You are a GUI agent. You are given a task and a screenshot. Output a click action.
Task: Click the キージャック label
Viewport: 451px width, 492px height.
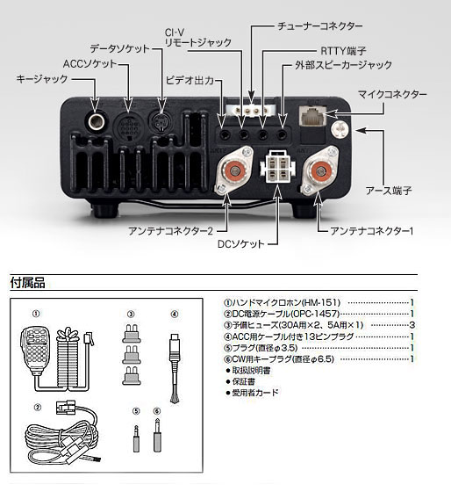click(43, 79)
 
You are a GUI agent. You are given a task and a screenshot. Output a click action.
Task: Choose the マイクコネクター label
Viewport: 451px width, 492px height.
click(393, 93)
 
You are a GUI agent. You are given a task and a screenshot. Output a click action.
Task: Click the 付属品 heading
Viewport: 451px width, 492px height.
click(27, 283)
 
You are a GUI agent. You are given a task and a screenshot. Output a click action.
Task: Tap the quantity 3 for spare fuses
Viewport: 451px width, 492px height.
click(412, 325)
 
